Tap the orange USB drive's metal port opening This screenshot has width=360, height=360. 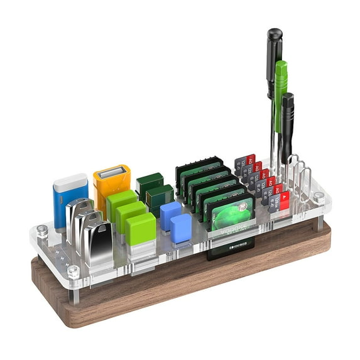[x=112, y=172]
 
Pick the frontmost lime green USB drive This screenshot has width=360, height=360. [x=140, y=229]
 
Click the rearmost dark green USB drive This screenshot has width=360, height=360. [x=150, y=182]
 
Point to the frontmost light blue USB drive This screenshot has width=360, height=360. [x=182, y=228]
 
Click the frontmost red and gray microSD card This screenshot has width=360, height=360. [x=280, y=200]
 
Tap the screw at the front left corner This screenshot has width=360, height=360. [x=74, y=272]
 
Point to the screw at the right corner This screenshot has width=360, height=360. [x=319, y=197]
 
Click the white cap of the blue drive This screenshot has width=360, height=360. [x=70, y=183]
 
